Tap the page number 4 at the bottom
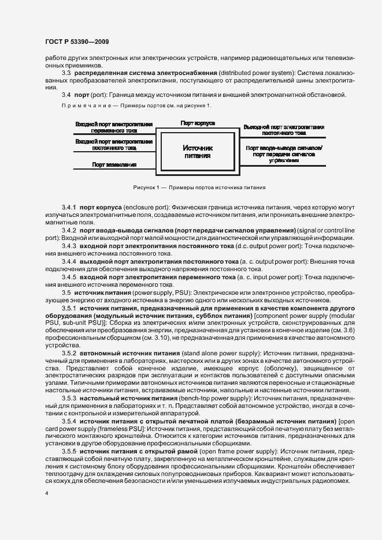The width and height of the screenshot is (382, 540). click(46, 494)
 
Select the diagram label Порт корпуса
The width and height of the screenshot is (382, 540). click(198, 123)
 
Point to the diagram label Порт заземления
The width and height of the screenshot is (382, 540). click(114, 164)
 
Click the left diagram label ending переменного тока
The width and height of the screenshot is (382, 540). click(114, 127)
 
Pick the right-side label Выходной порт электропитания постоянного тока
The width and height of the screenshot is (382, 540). click(283, 129)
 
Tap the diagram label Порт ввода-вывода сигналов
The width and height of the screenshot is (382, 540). click(284, 151)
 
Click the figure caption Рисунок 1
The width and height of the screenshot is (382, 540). click(199, 187)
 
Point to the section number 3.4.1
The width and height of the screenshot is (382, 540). click(69, 206)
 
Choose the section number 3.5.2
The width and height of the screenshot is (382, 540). click(69, 352)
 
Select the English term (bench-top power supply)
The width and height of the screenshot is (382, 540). click(212, 399)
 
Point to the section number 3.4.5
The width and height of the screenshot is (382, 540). click(69, 277)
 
